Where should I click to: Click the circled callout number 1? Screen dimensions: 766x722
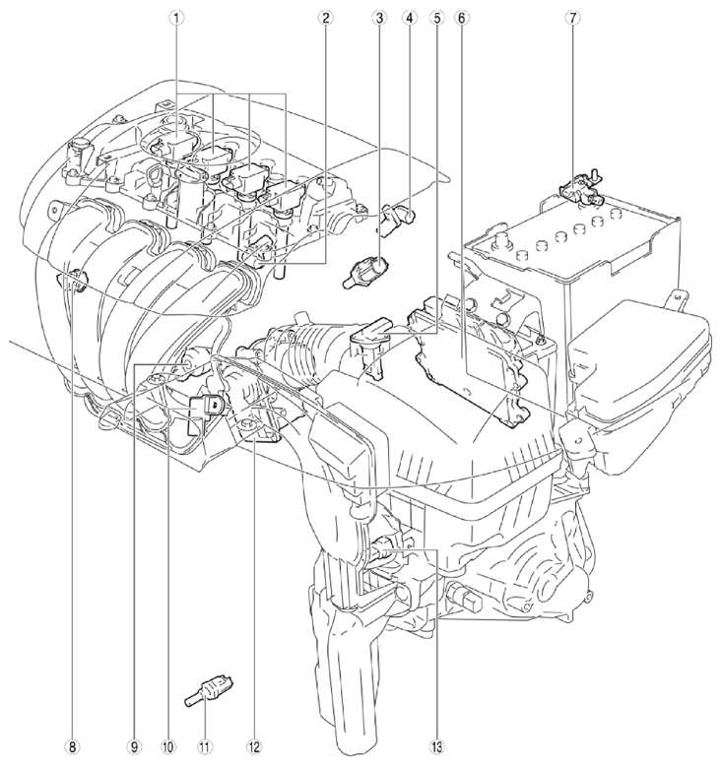(x=176, y=17)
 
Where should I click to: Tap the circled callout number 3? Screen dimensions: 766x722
(x=378, y=17)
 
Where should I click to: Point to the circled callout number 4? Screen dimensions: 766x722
(x=410, y=17)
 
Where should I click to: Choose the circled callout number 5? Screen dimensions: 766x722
(x=437, y=17)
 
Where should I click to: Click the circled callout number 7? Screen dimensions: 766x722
(x=572, y=17)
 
